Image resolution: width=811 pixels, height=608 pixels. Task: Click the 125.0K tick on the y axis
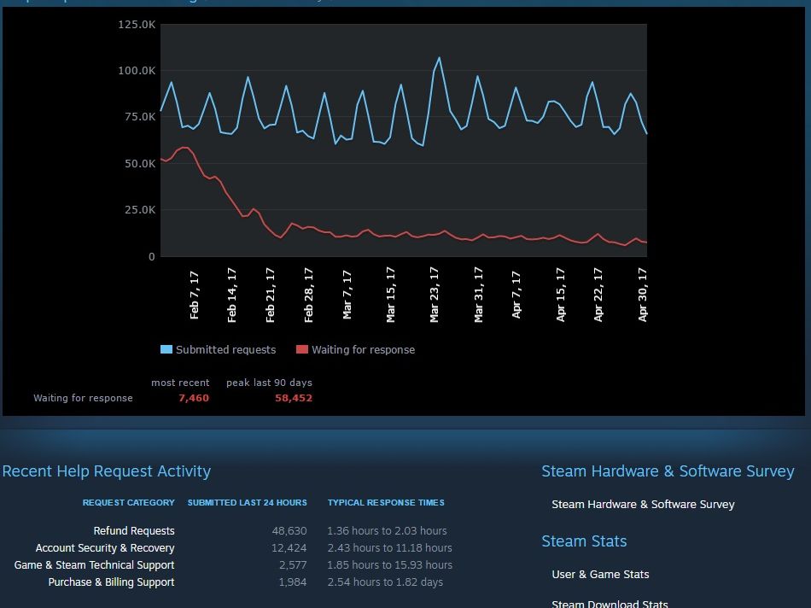click(137, 24)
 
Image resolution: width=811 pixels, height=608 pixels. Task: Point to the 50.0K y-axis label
click(139, 163)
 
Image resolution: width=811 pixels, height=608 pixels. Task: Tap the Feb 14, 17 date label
click(232, 294)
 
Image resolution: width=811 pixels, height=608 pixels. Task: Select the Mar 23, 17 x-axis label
click(435, 294)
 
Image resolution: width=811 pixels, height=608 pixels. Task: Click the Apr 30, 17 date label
click(643, 294)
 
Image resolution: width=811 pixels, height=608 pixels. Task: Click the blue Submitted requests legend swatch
click(166, 349)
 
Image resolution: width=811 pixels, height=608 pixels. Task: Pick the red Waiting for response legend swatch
click(301, 349)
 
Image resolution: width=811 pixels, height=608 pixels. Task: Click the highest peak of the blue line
click(440, 58)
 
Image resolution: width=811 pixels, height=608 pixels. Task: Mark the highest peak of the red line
click(183, 148)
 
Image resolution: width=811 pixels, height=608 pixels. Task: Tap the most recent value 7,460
click(194, 398)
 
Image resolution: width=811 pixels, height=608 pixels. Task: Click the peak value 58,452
click(294, 398)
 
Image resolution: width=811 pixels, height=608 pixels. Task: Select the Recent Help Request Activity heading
click(107, 471)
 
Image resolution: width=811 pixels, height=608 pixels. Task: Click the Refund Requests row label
click(134, 531)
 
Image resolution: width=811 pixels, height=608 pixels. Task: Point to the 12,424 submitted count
click(289, 548)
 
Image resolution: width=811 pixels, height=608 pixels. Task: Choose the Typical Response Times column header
click(386, 503)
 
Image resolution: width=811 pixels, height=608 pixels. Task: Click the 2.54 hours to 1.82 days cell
click(385, 582)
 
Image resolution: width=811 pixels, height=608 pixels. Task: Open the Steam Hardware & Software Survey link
click(643, 505)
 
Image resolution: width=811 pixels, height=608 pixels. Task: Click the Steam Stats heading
click(584, 541)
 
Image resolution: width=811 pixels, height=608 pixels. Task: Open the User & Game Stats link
click(600, 575)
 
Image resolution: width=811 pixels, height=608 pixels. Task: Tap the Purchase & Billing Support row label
click(111, 582)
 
